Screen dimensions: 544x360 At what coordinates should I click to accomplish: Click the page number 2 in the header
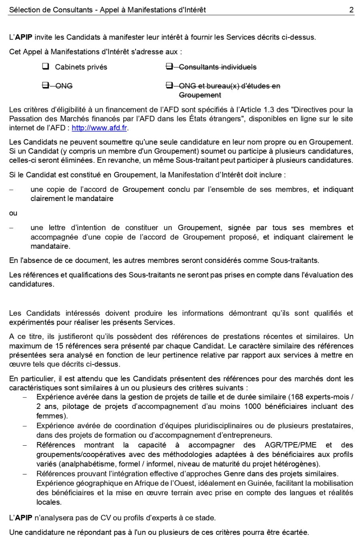click(x=351, y=10)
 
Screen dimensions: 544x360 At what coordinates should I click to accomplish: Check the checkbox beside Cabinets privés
click(x=45, y=67)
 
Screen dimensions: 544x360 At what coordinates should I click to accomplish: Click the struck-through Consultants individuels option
click(x=218, y=67)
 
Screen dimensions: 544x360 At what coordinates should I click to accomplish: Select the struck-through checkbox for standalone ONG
click(x=45, y=86)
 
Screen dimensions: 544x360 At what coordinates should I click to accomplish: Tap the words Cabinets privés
click(x=81, y=67)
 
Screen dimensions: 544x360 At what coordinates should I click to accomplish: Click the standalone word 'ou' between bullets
click(x=13, y=213)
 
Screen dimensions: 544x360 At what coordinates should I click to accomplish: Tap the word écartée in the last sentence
click(x=295, y=532)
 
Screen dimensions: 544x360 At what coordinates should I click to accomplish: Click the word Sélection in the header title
click(x=24, y=10)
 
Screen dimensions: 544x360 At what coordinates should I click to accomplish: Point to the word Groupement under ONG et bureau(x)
click(x=200, y=95)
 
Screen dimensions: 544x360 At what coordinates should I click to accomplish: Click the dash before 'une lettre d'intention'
click(x=12, y=228)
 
